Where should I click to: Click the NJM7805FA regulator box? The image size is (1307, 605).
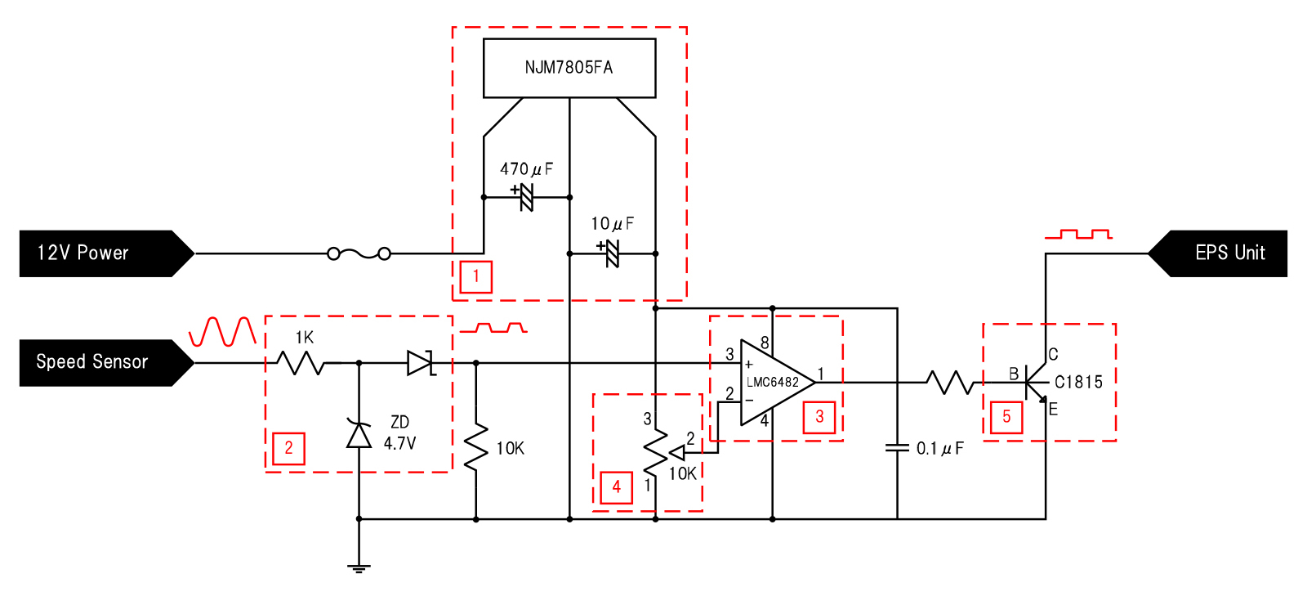point(569,68)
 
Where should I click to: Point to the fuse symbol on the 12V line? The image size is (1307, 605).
point(359,253)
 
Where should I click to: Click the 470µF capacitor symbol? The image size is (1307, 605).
point(525,197)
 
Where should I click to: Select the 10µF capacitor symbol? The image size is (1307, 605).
point(611,253)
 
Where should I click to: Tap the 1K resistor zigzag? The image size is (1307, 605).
point(300,362)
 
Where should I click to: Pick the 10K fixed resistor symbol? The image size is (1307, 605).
point(476,447)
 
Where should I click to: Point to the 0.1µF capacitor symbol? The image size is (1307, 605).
point(897,448)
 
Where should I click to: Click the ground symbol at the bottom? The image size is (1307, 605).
point(359,567)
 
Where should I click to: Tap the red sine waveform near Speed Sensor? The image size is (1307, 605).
point(222,332)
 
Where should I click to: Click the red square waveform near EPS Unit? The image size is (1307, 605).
point(1078,235)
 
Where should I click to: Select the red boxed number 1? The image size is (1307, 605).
point(475,276)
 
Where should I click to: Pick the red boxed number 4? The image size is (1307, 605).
point(616,487)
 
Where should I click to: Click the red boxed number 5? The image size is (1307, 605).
point(1006,417)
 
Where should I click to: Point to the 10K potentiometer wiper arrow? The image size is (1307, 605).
point(677,453)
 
